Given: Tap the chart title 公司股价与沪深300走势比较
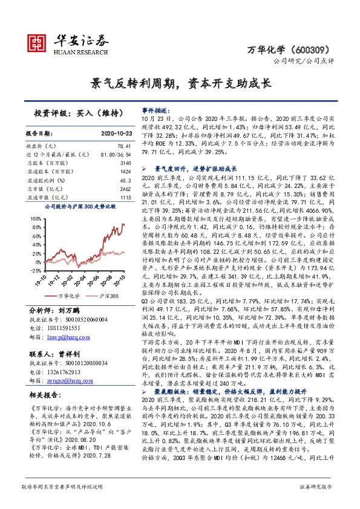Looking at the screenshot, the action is [x=77, y=206].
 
